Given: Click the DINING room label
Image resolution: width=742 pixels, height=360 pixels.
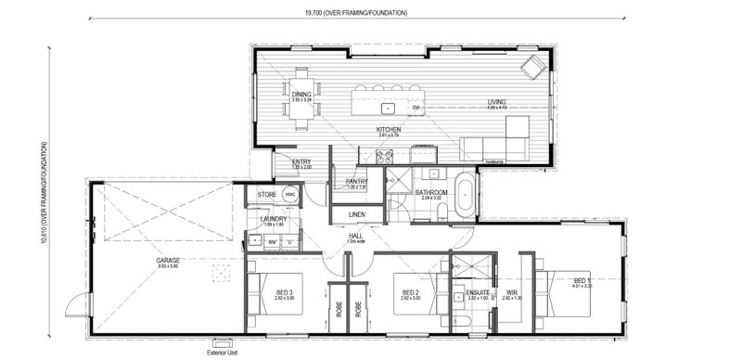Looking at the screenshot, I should [x=301, y=93].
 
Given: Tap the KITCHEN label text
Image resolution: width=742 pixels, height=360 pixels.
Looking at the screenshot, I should [x=388, y=130].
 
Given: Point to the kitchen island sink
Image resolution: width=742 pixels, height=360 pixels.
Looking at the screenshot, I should [x=416, y=108].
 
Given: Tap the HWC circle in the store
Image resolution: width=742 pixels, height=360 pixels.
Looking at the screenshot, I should [x=290, y=194].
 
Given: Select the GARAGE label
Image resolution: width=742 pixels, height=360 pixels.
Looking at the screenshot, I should [x=168, y=261].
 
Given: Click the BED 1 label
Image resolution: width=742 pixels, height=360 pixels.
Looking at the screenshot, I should [x=581, y=280].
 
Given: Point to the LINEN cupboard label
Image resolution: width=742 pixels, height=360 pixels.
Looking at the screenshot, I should [x=356, y=215].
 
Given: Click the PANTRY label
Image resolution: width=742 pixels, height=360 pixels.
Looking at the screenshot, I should [x=357, y=181].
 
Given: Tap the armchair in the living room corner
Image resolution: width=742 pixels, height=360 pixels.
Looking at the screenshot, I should [x=533, y=67].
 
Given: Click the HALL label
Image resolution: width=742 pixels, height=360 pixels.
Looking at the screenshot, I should [x=355, y=236].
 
